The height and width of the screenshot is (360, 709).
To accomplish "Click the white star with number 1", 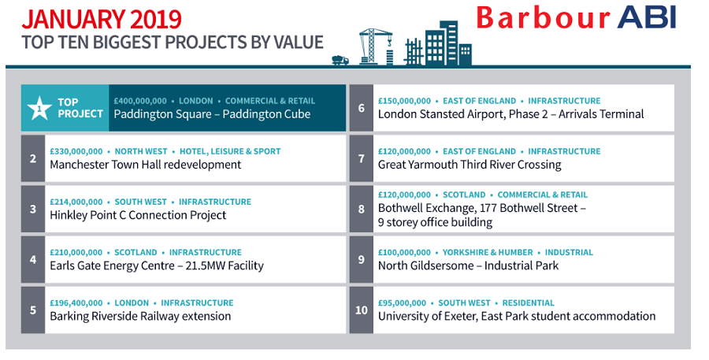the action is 39,108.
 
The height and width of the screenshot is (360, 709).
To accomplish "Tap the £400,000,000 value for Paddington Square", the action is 140,101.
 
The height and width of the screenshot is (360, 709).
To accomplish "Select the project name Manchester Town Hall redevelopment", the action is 146,165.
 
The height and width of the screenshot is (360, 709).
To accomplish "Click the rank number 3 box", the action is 33,209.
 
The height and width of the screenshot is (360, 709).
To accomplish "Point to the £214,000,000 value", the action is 76,202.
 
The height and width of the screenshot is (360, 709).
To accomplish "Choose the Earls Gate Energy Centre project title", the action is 157,265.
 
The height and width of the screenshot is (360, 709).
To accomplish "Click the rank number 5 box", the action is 33,310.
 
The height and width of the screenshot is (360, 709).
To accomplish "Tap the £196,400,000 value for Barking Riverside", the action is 76,303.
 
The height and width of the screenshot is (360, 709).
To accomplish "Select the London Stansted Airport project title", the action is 511,114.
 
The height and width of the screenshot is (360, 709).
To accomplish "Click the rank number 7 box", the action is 362,158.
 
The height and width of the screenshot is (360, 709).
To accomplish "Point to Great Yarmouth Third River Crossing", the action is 470,165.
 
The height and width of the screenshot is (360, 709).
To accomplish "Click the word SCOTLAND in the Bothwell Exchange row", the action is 464,195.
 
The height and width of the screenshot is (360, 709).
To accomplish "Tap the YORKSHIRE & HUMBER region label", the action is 488,252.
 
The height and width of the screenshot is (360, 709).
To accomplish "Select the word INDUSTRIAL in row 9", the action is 569,252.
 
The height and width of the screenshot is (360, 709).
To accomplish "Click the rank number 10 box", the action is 362,310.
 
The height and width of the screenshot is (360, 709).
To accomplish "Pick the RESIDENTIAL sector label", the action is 528,303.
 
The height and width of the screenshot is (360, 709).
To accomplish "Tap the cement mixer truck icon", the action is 340,60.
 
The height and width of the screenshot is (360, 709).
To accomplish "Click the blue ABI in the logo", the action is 647,17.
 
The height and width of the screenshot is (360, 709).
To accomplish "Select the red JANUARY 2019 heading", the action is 102,20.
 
